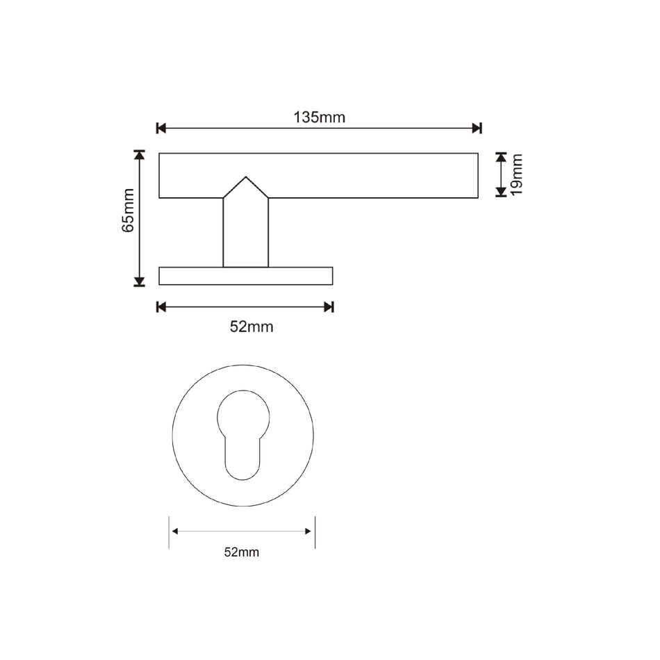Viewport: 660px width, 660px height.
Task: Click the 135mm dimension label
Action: point(319,117)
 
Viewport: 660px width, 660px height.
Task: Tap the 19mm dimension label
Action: point(516,175)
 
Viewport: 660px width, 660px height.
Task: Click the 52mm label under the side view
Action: point(251,327)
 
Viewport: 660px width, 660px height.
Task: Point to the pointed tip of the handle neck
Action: point(245,179)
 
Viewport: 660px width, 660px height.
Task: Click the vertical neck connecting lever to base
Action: point(245,233)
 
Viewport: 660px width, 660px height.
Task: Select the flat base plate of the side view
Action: point(245,276)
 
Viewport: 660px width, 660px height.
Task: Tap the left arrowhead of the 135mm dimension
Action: point(162,128)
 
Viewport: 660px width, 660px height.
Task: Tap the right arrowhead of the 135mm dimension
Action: point(476,128)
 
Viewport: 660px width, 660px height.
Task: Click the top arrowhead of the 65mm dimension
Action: point(140,156)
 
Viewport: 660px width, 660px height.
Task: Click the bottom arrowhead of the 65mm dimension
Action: point(140,281)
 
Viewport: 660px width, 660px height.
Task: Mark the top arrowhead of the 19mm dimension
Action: point(501,158)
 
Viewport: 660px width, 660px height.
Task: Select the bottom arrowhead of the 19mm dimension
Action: point(501,191)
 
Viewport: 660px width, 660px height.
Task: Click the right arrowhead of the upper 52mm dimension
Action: point(329,306)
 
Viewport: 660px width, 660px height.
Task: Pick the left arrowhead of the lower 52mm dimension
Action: point(175,531)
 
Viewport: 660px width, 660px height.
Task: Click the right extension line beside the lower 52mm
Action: point(315,532)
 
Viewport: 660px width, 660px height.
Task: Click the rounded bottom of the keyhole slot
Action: point(242,474)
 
